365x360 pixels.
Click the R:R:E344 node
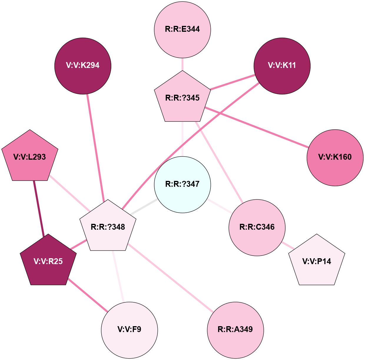coord(182,29)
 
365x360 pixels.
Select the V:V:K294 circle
coord(83,66)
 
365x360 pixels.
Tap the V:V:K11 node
coord(282,66)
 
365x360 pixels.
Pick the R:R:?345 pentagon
coord(182,98)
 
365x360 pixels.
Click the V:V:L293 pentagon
coord(30,157)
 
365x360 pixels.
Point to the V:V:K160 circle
coord(335,157)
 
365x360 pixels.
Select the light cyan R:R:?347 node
coord(182,184)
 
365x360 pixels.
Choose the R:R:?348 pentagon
coord(108,227)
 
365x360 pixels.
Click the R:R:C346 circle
coord(257,227)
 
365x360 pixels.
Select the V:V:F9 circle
coord(130,330)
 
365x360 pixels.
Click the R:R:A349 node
coord(235,330)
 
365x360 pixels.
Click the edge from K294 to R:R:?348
coord(95,147)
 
